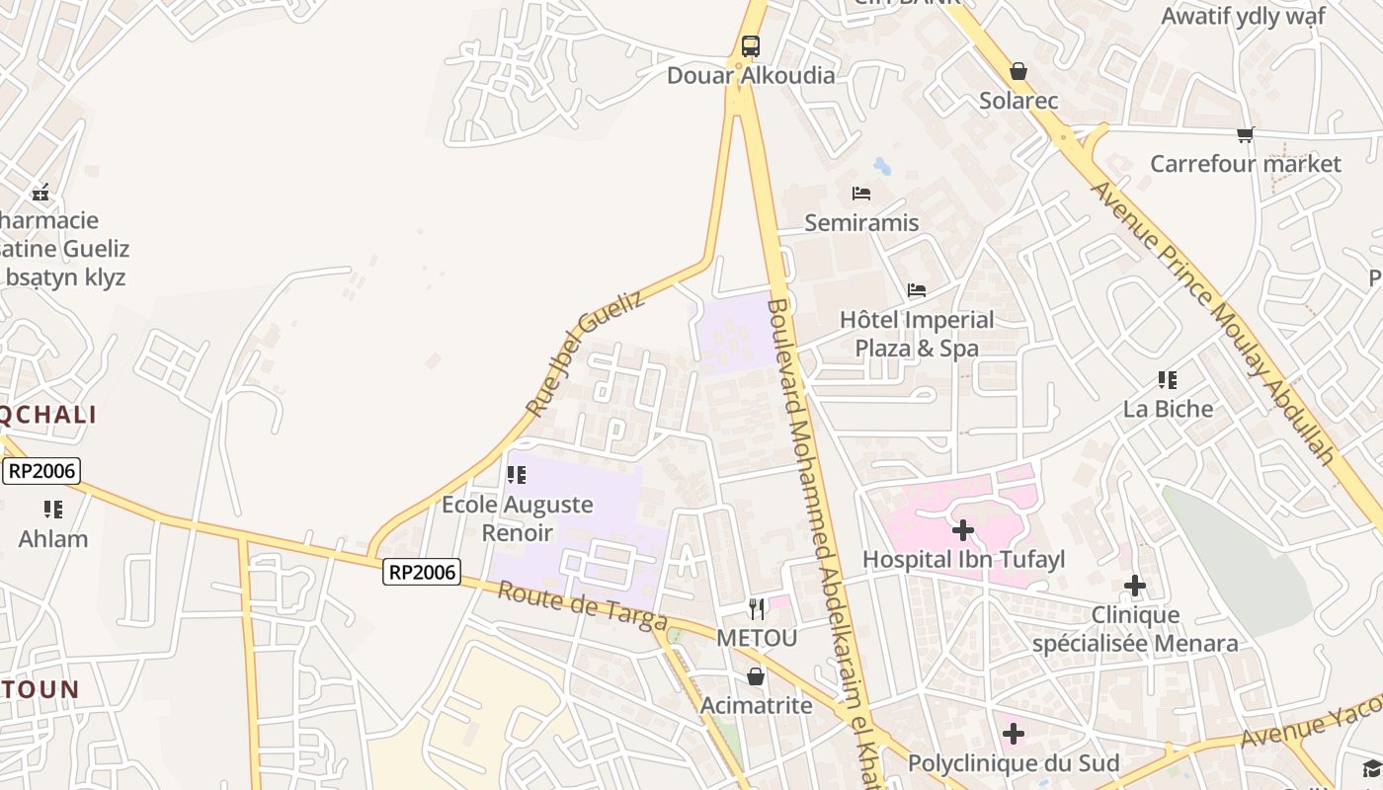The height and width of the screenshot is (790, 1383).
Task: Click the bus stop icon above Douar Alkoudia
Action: (x=751, y=45)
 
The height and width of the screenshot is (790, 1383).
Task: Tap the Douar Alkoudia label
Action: (x=751, y=76)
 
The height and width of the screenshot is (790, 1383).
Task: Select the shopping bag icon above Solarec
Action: (x=1018, y=71)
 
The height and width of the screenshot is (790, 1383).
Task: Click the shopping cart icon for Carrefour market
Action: (x=1245, y=134)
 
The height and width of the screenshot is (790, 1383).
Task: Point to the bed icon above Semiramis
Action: (x=861, y=194)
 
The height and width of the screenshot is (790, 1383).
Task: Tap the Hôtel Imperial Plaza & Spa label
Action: (x=917, y=334)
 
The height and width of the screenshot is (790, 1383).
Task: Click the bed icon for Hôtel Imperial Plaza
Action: (x=917, y=290)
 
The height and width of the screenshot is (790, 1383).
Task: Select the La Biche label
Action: (x=1168, y=409)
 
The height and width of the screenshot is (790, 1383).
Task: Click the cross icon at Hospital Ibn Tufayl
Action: (x=963, y=530)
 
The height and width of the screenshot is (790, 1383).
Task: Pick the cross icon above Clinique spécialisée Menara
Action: (x=1135, y=587)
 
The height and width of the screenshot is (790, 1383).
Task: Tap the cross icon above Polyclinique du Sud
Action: (x=1014, y=734)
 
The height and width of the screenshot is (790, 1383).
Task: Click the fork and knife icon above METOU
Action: (x=757, y=608)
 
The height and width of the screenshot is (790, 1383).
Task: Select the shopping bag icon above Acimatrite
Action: (x=756, y=676)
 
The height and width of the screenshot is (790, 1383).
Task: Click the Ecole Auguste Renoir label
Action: (x=518, y=518)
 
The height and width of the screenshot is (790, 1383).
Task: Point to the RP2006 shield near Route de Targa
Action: (x=423, y=571)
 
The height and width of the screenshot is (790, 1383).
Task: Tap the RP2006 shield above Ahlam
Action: (x=41, y=470)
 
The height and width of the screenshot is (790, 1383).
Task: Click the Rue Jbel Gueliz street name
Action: (x=585, y=353)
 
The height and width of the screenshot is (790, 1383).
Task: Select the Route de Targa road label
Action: (x=583, y=605)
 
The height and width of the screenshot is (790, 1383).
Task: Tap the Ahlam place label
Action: (x=53, y=539)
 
